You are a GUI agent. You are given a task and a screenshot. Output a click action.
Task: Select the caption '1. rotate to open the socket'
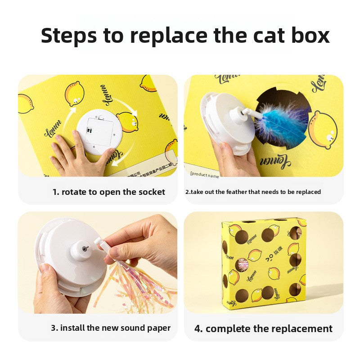pyautogui.click(x=108, y=192)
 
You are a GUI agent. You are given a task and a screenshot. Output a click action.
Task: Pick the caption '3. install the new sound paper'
pyautogui.click(x=111, y=328)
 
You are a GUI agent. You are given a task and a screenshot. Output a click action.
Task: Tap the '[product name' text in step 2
pyautogui.click(x=204, y=175)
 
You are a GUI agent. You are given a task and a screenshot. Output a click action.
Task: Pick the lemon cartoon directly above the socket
pyautogui.click(x=74, y=94)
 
